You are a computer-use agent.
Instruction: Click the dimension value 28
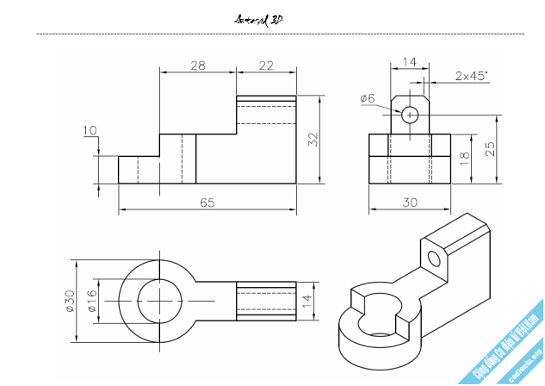(197, 65)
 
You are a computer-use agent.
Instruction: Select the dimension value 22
(266, 65)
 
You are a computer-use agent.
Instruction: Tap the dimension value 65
(207, 202)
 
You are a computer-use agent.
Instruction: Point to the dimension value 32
(313, 139)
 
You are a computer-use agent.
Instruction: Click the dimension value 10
(90, 131)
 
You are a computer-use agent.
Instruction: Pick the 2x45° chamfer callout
(471, 76)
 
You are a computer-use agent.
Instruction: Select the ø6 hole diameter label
(368, 98)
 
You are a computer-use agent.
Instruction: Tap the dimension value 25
(490, 149)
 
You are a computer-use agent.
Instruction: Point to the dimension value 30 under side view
(410, 202)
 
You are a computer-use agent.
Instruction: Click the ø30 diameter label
(70, 301)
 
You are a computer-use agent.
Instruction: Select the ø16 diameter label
(90, 301)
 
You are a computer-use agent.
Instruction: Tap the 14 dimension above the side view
(409, 62)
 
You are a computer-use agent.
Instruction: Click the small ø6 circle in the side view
(410, 114)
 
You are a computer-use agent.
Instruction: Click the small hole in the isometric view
(433, 258)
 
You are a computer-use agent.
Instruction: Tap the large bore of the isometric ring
(380, 323)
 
